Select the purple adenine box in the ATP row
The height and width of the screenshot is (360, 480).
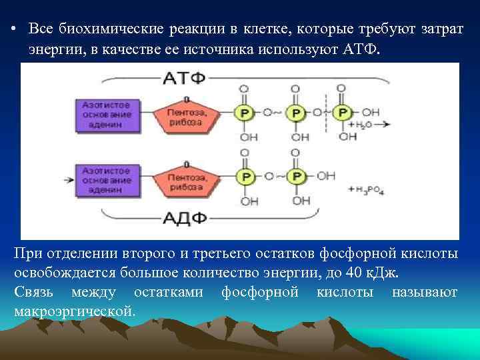[107, 113]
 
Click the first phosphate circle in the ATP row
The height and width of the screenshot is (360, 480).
[246, 113]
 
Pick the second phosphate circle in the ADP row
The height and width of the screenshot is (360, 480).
[296, 177]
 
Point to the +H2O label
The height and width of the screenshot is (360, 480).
[361, 125]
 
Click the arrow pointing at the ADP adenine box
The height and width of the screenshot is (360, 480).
[67, 179]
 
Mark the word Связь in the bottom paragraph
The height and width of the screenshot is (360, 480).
[34, 293]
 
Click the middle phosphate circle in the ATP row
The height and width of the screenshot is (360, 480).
[295, 113]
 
